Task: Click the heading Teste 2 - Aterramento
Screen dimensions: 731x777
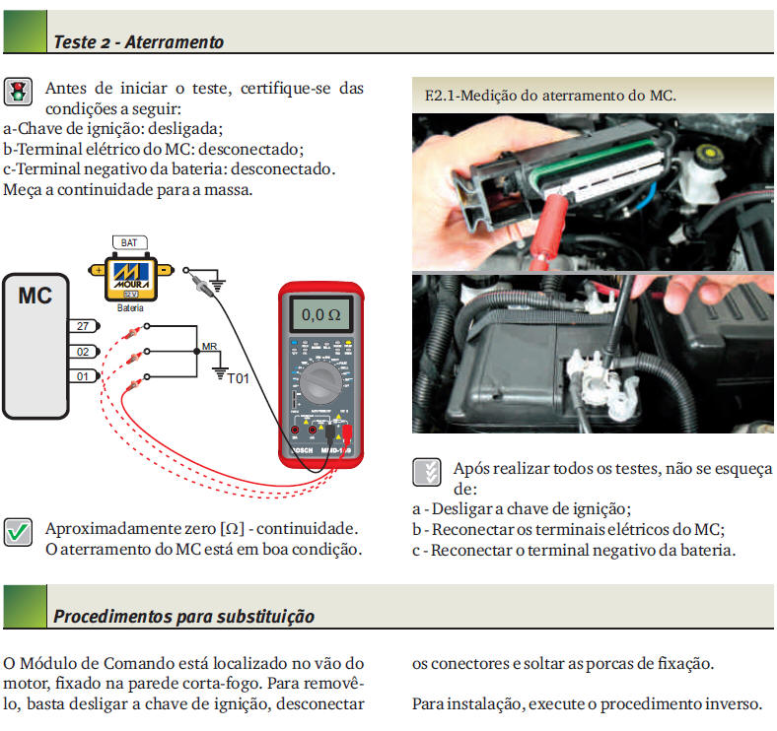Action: tap(138, 42)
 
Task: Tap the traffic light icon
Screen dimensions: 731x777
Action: tap(18, 93)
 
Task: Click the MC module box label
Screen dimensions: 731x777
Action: tap(35, 295)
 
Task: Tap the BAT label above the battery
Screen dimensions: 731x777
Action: tap(129, 242)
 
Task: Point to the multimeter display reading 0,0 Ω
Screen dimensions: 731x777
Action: tap(320, 315)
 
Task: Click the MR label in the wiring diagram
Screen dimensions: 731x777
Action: tap(209, 347)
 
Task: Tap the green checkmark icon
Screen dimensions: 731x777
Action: tap(18, 532)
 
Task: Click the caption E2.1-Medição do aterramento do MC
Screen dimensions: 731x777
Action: tap(550, 96)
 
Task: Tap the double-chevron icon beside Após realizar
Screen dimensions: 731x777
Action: tap(426, 471)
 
